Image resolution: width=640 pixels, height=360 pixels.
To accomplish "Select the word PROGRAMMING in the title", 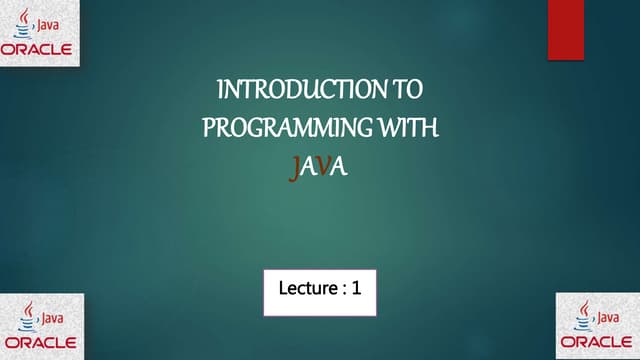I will pyautogui.click(x=280, y=130).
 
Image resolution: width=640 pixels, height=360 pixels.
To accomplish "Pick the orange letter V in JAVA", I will pyautogui.click(x=322, y=168).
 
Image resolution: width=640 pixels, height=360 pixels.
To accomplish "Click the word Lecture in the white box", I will pyautogui.click(x=306, y=290).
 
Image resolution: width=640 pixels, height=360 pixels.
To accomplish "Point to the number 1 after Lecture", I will pyautogui.click(x=355, y=290).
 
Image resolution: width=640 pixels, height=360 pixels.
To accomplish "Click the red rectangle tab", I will pyautogui.click(x=565, y=29).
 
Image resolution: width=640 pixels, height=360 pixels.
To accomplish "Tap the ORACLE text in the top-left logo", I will pyautogui.click(x=41, y=49).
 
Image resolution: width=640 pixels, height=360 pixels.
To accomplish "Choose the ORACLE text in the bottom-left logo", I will pyautogui.click(x=41, y=342).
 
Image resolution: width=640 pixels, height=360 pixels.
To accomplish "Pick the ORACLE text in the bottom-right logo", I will pyautogui.click(x=597, y=342).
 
